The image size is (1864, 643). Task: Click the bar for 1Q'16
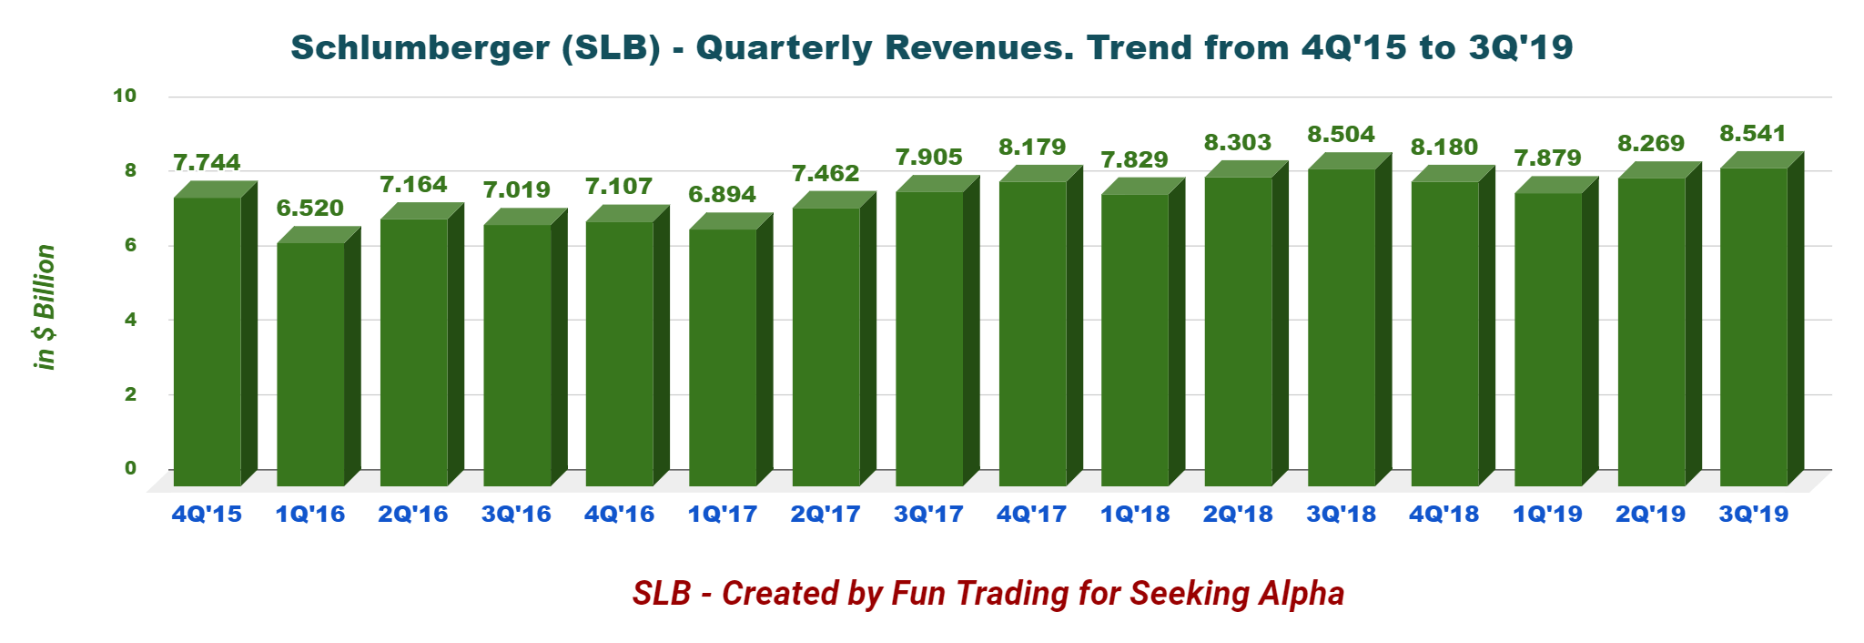click(x=310, y=364)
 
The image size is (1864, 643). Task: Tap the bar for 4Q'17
click(x=1032, y=333)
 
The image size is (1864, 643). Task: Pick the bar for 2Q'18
click(x=1238, y=332)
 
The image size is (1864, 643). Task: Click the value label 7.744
click(x=207, y=163)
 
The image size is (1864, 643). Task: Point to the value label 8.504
click(x=1341, y=135)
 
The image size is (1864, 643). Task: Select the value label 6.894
click(x=722, y=195)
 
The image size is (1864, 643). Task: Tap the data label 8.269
click(x=1650, y=144)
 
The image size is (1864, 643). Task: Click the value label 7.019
click(x=516, y=190)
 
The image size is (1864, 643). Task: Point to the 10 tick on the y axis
click(x=125, y=96)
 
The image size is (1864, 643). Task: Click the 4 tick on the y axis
click(x=130, y=320)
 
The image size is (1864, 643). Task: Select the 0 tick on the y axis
click(x=130, y=468)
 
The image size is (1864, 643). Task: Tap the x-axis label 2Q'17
click(x=826, y=515)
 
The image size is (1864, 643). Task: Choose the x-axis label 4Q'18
click(x=1444, y=515)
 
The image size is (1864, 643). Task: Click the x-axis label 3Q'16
click(x=516, y=515)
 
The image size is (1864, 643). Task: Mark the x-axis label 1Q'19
click(x=1547, y=515)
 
